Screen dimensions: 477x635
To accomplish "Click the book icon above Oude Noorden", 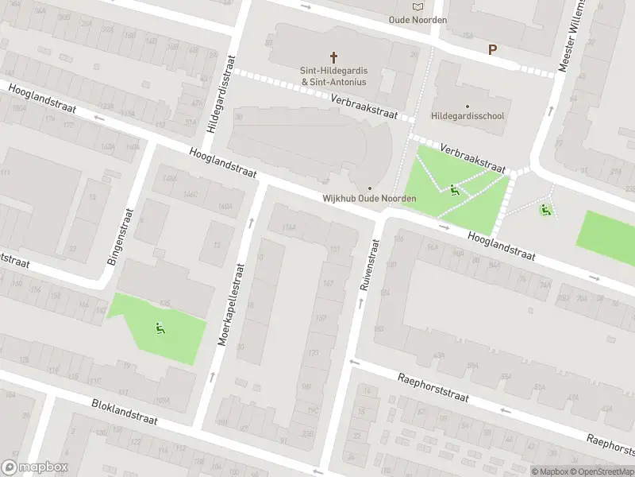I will click(418, 6).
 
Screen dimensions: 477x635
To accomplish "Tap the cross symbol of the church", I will click(334, 57).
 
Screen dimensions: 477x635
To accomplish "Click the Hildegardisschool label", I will click(468, 116).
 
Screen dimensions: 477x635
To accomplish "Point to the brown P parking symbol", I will click(492, 49).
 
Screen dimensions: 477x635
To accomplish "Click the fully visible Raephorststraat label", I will click(435, 389).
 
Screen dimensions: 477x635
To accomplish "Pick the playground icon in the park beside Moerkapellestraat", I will click(160, 327).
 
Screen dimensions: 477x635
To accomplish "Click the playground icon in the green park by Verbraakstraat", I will click(454, 189).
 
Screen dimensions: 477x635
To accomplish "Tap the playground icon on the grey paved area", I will click(545, 210).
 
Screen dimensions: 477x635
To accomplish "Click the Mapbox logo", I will click(35, 467).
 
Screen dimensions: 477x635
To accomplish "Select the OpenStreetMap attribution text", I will click(602, 471).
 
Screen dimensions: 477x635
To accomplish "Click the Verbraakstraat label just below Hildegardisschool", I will click(473, 157).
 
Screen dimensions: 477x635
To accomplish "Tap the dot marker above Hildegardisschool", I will click(468, 106).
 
